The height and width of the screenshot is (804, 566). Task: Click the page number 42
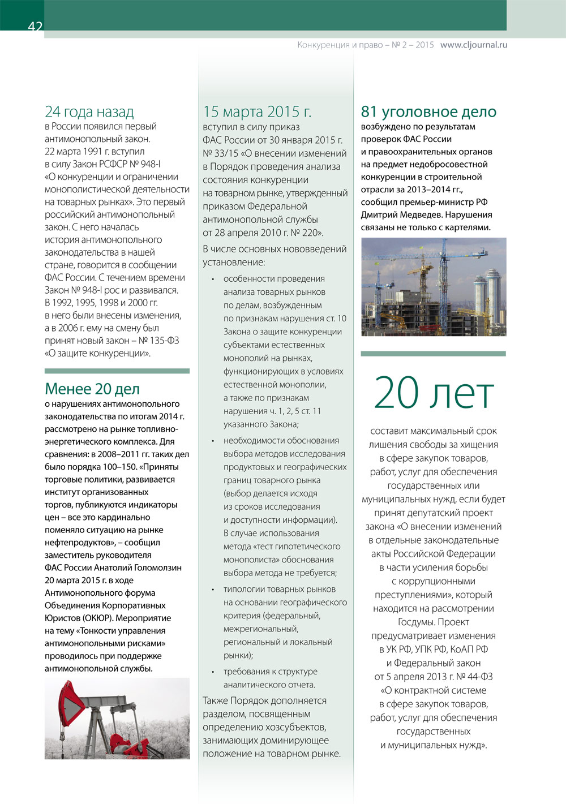35,26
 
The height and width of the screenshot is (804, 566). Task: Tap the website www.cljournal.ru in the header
473,45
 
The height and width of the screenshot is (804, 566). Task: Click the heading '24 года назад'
89,111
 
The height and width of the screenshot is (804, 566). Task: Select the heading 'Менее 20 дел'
92,389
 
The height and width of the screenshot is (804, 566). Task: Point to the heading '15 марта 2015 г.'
257,111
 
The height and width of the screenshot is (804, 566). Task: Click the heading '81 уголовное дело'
428,111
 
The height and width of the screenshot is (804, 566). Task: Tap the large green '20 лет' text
434,393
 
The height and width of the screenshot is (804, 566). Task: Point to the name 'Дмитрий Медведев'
401,214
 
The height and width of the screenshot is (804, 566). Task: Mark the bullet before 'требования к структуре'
212,672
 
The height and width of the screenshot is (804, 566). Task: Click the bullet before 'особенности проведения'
212,279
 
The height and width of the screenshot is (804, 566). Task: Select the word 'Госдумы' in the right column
418,622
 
